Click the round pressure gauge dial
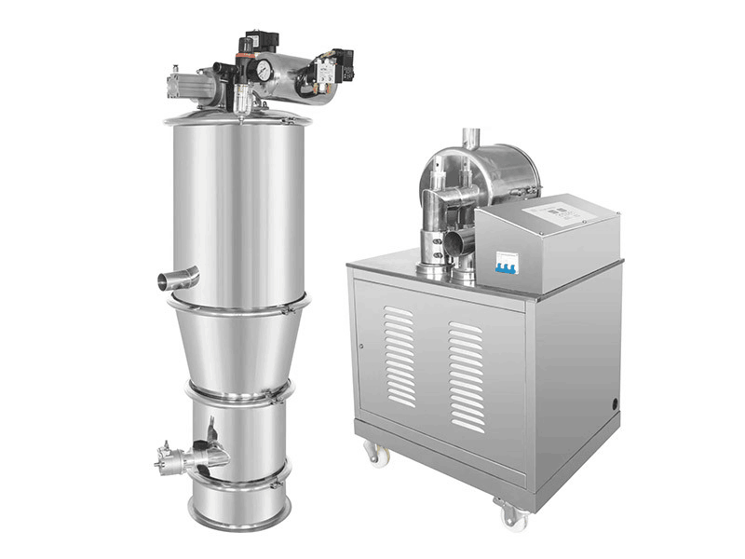[264, 70]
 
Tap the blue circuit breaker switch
[507, 264]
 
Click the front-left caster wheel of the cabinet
[376, 454]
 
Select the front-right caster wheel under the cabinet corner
[510, 513]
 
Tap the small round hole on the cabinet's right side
[614, 404]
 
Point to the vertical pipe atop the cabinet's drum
[471, 140]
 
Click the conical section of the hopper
[237, 345]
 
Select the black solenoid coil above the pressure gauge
[260, 41]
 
